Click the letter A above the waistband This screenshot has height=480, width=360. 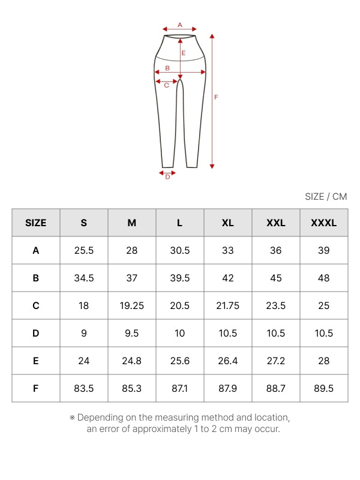pos(179,25)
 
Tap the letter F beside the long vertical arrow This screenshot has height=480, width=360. pos(216,97)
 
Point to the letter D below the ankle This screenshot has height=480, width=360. pos(167,177)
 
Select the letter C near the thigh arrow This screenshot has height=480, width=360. pos(167,85)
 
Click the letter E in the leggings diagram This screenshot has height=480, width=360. pos(184,53)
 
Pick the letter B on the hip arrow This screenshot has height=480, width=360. pos(167,68)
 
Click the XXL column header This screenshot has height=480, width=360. pos(276,223)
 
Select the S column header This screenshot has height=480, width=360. pos(83,223)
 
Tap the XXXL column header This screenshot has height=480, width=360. pos(324,223)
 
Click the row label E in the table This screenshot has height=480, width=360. pos(36,361)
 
